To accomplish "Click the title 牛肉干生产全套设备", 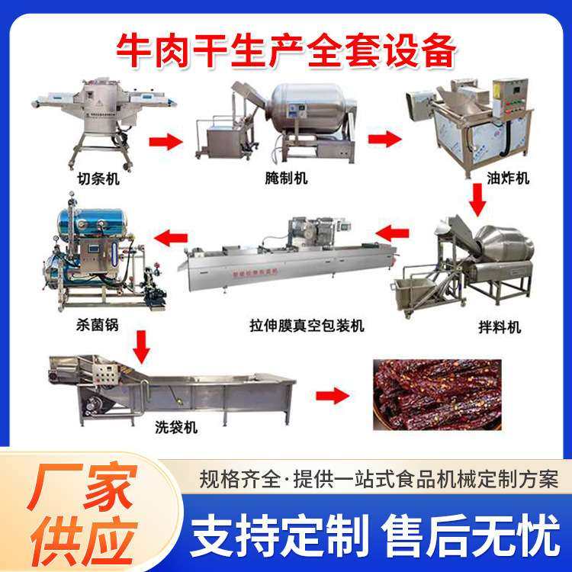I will (286, 50).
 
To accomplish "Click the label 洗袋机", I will (180, 428).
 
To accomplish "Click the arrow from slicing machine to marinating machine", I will (165, 141).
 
